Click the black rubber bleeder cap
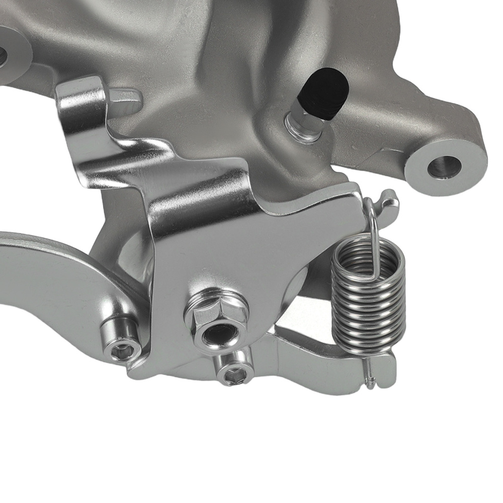tap(324, 93)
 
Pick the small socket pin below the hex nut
tap(232, 372)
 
